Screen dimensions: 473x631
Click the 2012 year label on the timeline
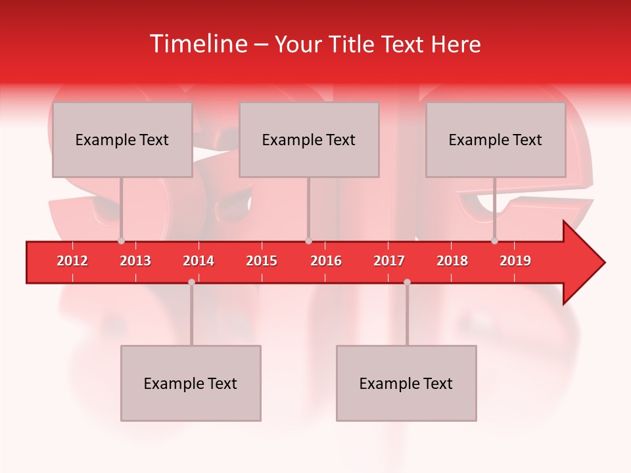[72, 261]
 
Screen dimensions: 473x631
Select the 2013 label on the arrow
[135, 261]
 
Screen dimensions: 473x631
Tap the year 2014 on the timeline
[199, 261]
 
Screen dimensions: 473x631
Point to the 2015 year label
[262, 261]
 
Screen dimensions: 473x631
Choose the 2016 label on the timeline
[326, 261]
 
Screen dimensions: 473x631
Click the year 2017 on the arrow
[389, 261]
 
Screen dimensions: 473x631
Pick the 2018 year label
[452, 261]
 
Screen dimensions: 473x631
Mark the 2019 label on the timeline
[515, 261]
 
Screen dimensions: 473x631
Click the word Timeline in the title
[197, 44]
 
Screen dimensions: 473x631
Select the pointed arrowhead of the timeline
[585, 263]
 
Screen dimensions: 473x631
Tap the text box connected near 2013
[122, 139]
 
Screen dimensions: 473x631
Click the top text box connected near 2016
[309, 139]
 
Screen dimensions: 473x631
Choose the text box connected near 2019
[496, 139]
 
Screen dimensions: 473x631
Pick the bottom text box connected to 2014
[191, 383]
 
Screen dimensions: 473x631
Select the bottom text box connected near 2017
[406, 383]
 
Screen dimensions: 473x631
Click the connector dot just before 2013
[121, 240]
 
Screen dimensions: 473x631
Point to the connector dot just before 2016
[308, 240]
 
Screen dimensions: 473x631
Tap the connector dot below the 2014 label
[191, 282]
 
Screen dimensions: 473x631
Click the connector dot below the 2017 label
[407, 282]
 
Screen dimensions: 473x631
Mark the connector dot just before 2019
[494, 240]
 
